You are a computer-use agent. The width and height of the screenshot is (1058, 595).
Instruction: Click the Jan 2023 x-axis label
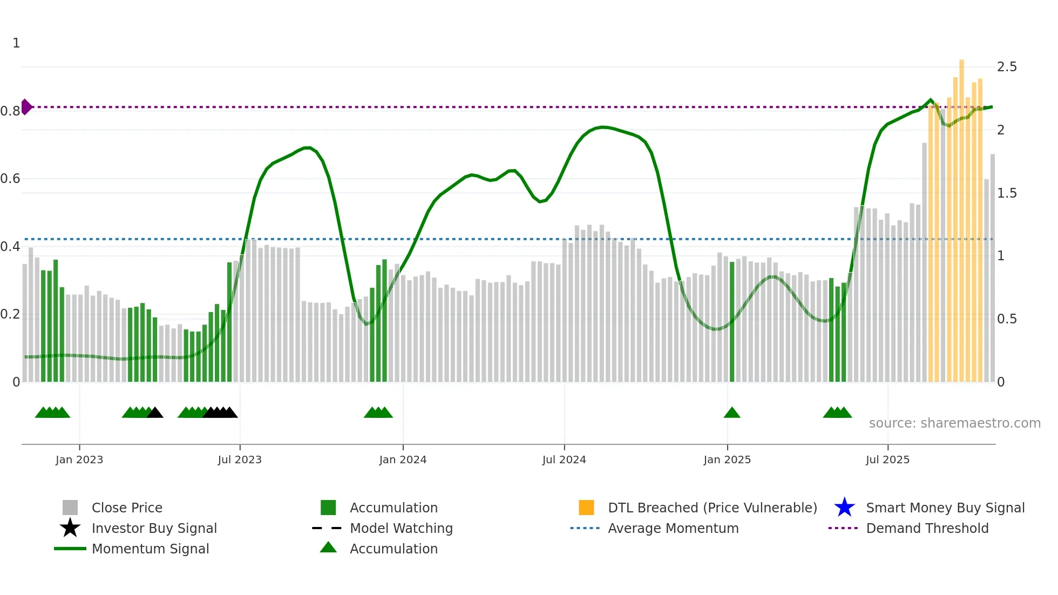point(79,459)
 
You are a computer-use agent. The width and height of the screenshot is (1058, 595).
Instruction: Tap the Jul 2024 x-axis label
point(564,459)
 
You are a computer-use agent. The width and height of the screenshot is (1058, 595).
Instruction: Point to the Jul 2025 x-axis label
point(887,459)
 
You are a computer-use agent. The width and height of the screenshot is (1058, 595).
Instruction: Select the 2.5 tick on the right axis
point(1006,67)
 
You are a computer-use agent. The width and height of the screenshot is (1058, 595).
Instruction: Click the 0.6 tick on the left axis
point(11,179)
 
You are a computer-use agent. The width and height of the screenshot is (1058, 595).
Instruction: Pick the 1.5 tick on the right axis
point(1006,193)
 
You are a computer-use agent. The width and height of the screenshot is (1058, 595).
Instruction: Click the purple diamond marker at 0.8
point(26,107)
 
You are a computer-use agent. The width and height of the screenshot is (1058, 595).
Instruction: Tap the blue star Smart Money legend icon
point(844,508)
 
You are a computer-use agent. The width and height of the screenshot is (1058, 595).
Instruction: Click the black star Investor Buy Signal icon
point(70,528)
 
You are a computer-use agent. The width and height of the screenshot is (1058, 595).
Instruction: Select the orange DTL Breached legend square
point(586,508)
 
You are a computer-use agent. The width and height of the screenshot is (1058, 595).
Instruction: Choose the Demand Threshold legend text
point(927,528)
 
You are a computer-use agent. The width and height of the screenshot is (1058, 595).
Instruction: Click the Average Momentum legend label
point(673,528)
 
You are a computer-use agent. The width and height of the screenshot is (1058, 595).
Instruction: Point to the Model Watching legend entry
point(401,528)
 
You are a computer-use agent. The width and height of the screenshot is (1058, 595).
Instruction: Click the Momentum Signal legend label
point(150,549)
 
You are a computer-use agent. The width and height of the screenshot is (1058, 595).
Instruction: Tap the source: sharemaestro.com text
point(954,423)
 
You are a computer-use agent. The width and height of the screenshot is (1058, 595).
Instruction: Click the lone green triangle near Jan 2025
point(731,413)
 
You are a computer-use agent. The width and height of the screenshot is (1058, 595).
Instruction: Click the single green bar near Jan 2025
point(732,322)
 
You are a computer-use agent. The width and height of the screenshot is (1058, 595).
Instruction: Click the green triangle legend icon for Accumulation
point(328,547)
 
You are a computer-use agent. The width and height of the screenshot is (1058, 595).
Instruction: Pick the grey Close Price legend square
point(70,508)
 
